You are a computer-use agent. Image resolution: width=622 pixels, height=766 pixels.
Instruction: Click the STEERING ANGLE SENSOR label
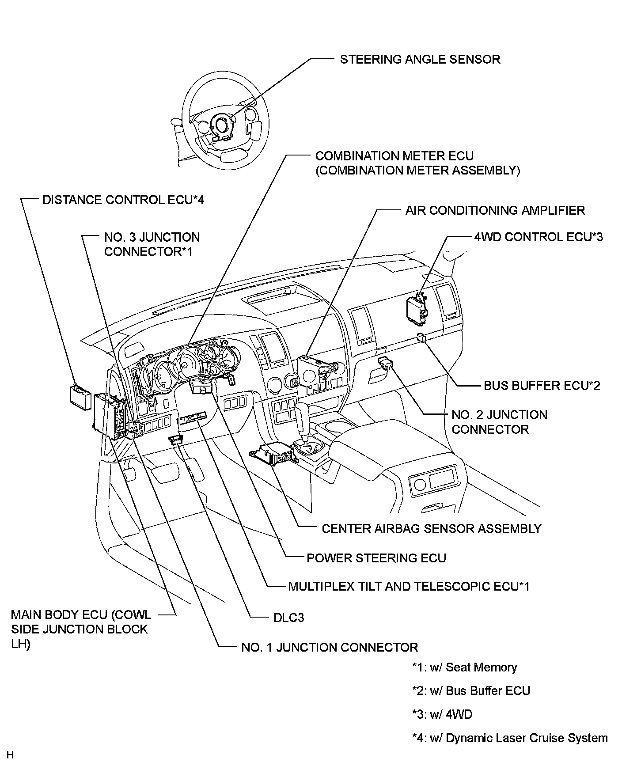click(420, 60)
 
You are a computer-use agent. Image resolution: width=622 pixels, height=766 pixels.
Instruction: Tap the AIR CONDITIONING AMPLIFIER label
click(495, 210)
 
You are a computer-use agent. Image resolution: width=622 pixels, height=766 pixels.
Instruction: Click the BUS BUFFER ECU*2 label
click(542, 386)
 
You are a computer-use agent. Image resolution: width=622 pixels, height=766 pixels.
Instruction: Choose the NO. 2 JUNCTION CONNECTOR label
click(499, 422)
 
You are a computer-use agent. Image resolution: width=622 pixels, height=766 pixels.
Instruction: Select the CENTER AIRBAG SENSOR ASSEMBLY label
click(431, 528)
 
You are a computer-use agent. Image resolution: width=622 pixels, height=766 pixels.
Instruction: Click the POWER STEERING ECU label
click(376, 558)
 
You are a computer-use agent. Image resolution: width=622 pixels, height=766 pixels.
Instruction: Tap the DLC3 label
click(288, 618)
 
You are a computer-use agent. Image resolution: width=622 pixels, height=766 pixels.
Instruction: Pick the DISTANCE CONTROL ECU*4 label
click(123, 200)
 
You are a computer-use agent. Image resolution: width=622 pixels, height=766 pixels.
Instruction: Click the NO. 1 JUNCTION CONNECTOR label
click(329, 648)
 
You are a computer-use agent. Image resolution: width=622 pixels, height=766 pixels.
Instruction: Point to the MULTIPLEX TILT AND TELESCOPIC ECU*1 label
click(408, 587)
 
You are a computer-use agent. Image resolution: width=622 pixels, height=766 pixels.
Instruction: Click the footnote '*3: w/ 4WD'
click(442, 714)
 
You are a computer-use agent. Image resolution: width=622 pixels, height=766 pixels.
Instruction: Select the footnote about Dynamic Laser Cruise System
click(509, 738)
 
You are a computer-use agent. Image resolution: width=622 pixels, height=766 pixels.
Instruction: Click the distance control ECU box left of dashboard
click(80, 395)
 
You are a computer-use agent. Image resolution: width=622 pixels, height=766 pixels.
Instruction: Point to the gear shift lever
click(304, 419)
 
